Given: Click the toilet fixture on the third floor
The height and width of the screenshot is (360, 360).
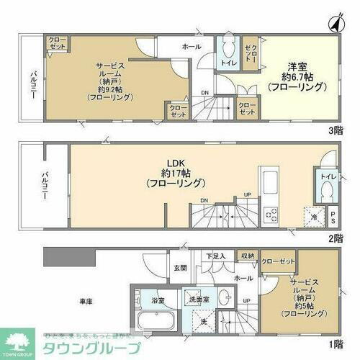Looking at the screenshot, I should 229,51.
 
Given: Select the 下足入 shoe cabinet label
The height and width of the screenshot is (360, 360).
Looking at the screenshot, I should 216,255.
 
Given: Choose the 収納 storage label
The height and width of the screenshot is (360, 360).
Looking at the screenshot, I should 247,255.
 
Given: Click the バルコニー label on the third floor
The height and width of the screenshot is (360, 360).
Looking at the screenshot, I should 33,86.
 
